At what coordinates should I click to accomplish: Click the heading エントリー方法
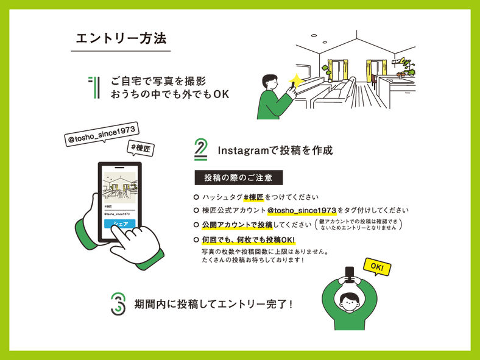tap(121, 38)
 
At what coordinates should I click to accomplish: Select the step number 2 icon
tap(201, 149)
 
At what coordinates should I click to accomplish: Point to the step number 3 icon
tap(118, 304)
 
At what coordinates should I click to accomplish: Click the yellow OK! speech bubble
tap(377, 267)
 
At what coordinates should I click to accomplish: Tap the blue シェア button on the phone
tap(120, 224)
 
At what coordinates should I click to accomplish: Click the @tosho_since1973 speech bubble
tap(102, 134)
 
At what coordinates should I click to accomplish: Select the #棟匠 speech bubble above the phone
tap(141, 149)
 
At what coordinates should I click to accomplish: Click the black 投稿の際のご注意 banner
tap(238, 177)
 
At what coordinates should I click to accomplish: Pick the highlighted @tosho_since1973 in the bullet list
tap(302, 211)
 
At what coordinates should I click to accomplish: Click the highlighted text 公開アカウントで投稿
tap(237, 225)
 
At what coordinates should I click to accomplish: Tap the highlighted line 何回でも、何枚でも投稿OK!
tap(249, 240)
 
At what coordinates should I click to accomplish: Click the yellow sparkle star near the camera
tap(295, 80)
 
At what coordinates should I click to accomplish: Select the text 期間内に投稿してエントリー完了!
tap(213, 305)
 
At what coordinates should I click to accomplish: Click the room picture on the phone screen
tap(120, 188)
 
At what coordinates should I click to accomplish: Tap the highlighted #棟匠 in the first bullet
tap(253, 197)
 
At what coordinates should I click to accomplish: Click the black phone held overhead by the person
tap(350, 274)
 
